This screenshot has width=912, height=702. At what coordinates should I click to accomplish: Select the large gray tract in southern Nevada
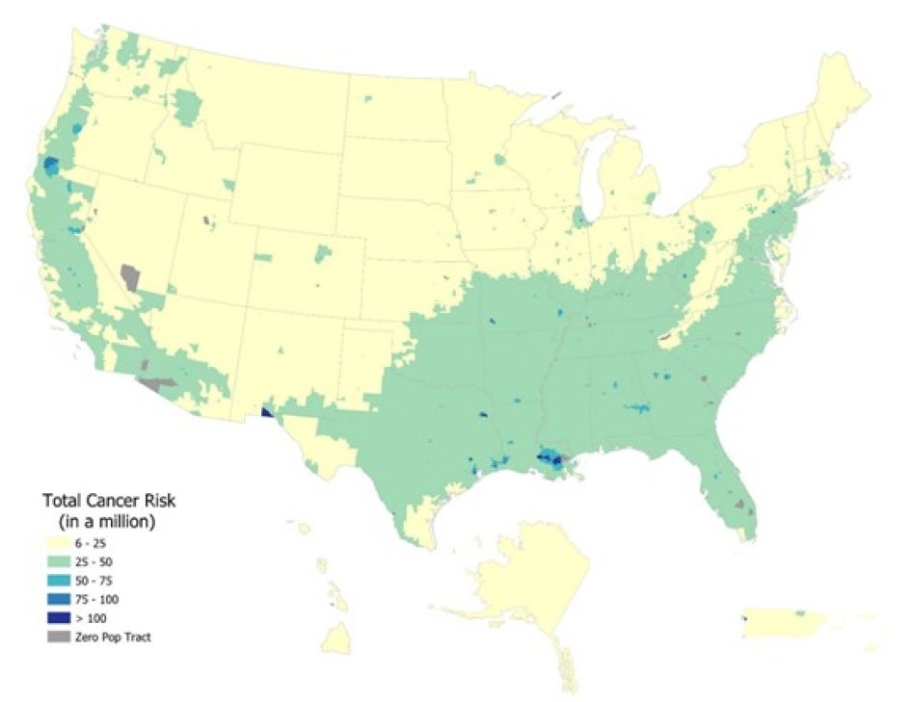point(129,278)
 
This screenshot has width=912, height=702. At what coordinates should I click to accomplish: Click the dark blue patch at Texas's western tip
point(266,414)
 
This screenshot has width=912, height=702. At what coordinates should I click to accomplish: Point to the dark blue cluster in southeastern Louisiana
point(553,457)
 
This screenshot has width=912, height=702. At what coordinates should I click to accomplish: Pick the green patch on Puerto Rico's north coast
point(800,612)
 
